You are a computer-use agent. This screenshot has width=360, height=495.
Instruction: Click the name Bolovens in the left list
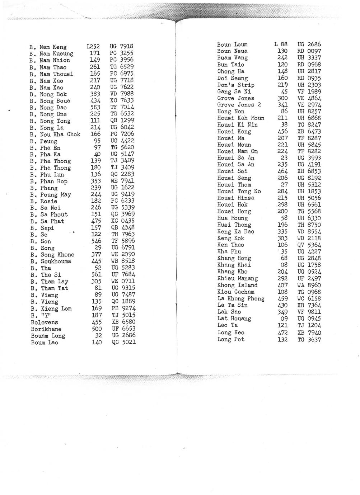(44, 322)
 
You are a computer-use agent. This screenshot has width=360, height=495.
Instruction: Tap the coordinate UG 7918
(121, 46)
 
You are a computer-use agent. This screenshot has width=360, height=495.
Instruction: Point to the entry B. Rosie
(43, 201)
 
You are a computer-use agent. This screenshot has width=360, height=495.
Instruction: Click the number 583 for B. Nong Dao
(96, 107)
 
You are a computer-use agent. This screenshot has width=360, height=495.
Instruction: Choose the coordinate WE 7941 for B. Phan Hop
(122, 181)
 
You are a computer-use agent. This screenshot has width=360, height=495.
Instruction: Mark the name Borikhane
(46, 329)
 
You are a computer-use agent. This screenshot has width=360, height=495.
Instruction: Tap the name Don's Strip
(235, 85)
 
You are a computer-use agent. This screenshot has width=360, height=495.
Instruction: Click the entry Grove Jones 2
(239, 105)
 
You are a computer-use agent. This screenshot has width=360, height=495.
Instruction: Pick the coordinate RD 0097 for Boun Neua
(309, 51)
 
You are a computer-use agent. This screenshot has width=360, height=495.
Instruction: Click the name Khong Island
(237, 285)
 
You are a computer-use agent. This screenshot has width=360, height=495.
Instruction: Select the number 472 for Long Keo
(282, 333)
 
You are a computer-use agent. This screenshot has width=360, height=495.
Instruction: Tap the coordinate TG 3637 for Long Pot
(309, 339)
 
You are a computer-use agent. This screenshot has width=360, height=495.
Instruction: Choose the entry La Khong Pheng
(240, 298)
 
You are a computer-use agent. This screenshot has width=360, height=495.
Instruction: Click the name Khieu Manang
(237, 278)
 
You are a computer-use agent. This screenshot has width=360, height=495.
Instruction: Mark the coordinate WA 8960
(309, 285)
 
